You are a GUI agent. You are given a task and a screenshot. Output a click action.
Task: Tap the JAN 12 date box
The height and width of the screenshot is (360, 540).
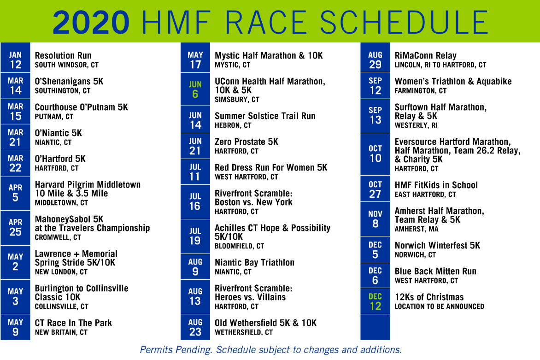click(15, 60)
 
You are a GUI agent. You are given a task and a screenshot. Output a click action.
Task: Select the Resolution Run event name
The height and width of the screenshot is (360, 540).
click(63, 55)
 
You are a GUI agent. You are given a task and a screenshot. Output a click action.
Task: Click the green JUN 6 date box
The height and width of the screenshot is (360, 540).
click(195, 90)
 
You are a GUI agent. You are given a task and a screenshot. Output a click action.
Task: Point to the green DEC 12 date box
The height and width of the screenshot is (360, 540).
click(375, 301)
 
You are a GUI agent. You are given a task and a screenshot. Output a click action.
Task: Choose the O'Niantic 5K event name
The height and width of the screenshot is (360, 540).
click(58, 133)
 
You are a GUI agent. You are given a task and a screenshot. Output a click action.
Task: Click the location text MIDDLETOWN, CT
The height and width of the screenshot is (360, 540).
click(61, 203)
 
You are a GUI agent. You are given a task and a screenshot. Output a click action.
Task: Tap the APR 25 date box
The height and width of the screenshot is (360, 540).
click(15, 227)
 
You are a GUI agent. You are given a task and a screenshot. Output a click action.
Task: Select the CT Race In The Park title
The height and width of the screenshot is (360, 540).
click(73, 323)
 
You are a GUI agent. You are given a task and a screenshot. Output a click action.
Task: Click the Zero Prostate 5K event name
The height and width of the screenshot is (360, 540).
click(247, 142)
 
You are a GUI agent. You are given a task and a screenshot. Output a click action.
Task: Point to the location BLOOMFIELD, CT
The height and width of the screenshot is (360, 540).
click(239, 246)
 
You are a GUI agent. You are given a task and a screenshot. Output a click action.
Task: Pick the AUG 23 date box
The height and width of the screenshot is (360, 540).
click(195, 327)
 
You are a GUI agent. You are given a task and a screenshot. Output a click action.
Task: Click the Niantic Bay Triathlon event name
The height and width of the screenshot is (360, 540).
click(254, 262)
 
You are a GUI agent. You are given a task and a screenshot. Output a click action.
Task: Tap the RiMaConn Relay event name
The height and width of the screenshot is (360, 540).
click(425, 55)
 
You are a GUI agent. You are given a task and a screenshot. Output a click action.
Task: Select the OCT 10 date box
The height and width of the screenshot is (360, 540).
click(375, 154)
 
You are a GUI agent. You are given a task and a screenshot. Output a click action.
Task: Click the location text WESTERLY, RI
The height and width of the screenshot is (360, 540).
click(416, 125)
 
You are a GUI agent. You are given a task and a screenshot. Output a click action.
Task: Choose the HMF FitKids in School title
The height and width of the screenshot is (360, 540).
click(436, 185)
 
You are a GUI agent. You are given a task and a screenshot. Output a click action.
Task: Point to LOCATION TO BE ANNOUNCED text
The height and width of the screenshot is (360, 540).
click(439, 307)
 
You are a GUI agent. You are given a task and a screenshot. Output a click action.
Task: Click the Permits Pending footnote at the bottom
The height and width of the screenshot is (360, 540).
click(270, 349)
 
